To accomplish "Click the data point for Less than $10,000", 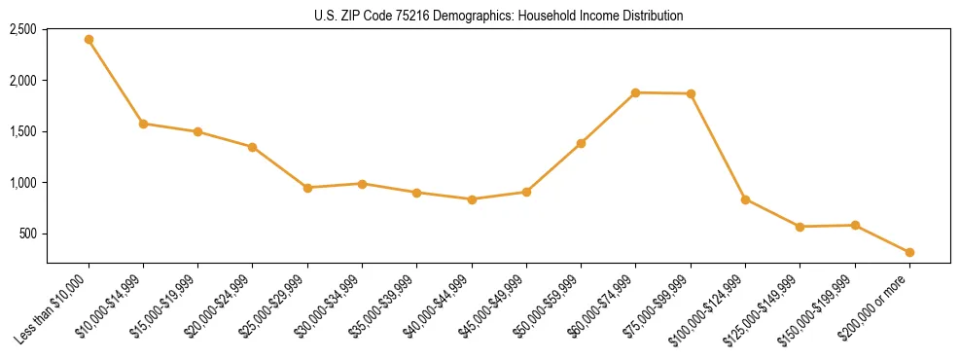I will [89, 39].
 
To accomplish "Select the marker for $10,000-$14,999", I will [143, 124].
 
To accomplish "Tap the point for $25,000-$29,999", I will [307, 188].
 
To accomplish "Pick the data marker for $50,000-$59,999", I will [581, 143].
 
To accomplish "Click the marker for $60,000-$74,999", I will [635, 92].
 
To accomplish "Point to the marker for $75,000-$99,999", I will [691, 93].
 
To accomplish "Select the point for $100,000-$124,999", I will [745, 199].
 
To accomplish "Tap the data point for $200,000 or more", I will [909, 252].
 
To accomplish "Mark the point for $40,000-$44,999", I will [472, 199].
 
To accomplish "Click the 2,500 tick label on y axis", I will [23, 29].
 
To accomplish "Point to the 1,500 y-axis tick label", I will [23, 131].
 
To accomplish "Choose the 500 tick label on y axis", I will [28, 234].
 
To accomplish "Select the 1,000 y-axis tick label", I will [23, 183].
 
